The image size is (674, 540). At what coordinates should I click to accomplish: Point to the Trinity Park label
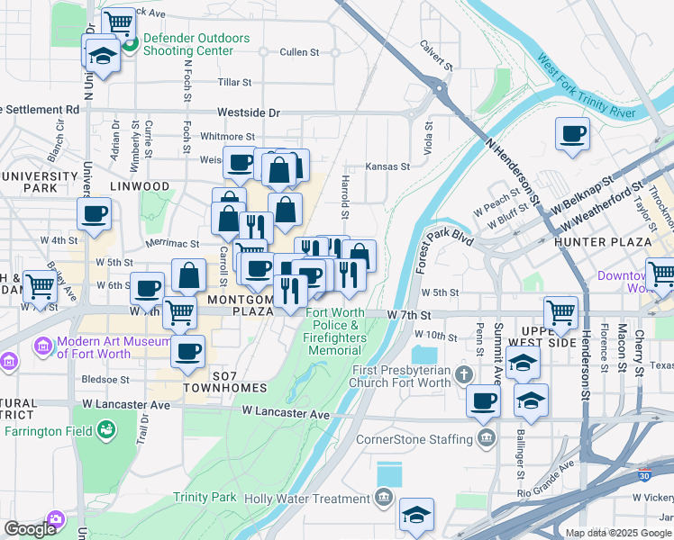(205, 498)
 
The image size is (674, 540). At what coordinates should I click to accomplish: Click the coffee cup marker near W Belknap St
(573, 135)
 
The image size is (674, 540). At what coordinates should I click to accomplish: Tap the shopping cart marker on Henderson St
(561, 314)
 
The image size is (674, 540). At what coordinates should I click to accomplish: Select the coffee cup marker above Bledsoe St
(187, 351)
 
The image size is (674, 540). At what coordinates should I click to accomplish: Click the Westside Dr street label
(249, 113)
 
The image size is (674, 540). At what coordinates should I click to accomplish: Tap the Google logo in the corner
(30, 529)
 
